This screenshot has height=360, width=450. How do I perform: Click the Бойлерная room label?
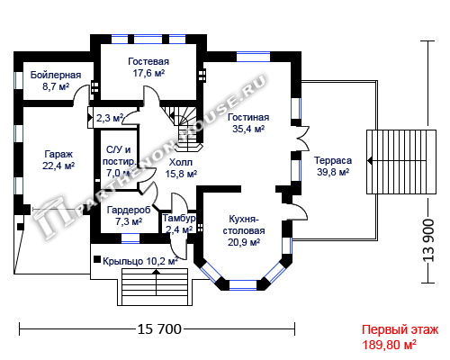tap(56, 75)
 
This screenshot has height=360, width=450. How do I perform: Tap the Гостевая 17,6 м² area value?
tap(148, 73)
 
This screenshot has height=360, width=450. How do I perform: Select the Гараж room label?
tap(58, 154)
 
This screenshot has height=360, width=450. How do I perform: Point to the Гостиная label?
tap(248, 117)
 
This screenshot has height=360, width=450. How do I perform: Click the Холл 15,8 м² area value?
tap(181, 174)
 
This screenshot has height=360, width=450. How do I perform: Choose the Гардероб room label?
tap(129, 210)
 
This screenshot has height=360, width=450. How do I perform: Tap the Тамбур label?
tap(179, 218)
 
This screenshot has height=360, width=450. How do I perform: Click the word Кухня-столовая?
tap(244, 225)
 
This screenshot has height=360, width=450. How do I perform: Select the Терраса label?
tap(333, 160)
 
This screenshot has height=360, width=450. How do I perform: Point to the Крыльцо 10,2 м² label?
tap(140, 261)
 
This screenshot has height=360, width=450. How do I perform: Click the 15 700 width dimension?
tap(159, 329)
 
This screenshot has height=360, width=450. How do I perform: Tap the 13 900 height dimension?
tap(428, 240)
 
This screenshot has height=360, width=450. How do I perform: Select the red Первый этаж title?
tap(400, 329)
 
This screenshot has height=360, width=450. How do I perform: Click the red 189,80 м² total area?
tap(389, 345)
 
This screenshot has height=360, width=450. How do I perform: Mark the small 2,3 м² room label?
tap(110, 118)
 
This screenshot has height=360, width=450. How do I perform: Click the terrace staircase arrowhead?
tap(370, 161)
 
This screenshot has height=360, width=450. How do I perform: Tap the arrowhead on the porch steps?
tap(157, 272)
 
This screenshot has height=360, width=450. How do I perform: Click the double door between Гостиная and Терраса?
tap(303, 138)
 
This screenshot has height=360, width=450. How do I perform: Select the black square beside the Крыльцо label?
tap(97, 259)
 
